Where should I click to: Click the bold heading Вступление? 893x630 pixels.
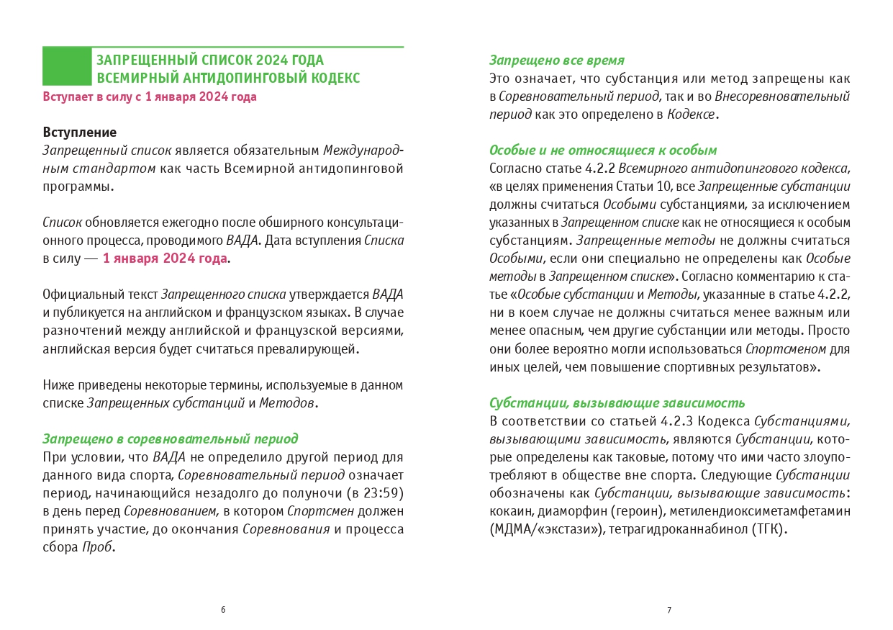79,133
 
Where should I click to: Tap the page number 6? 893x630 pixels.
223,610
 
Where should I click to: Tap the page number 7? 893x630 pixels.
669,610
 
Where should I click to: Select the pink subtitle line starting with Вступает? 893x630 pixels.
150,97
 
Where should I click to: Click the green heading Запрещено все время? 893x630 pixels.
557,60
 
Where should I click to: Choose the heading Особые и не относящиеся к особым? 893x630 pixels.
603,150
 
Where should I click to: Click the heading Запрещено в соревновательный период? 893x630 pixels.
171,439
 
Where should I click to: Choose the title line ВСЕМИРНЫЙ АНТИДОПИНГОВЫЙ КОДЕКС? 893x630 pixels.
229,78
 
